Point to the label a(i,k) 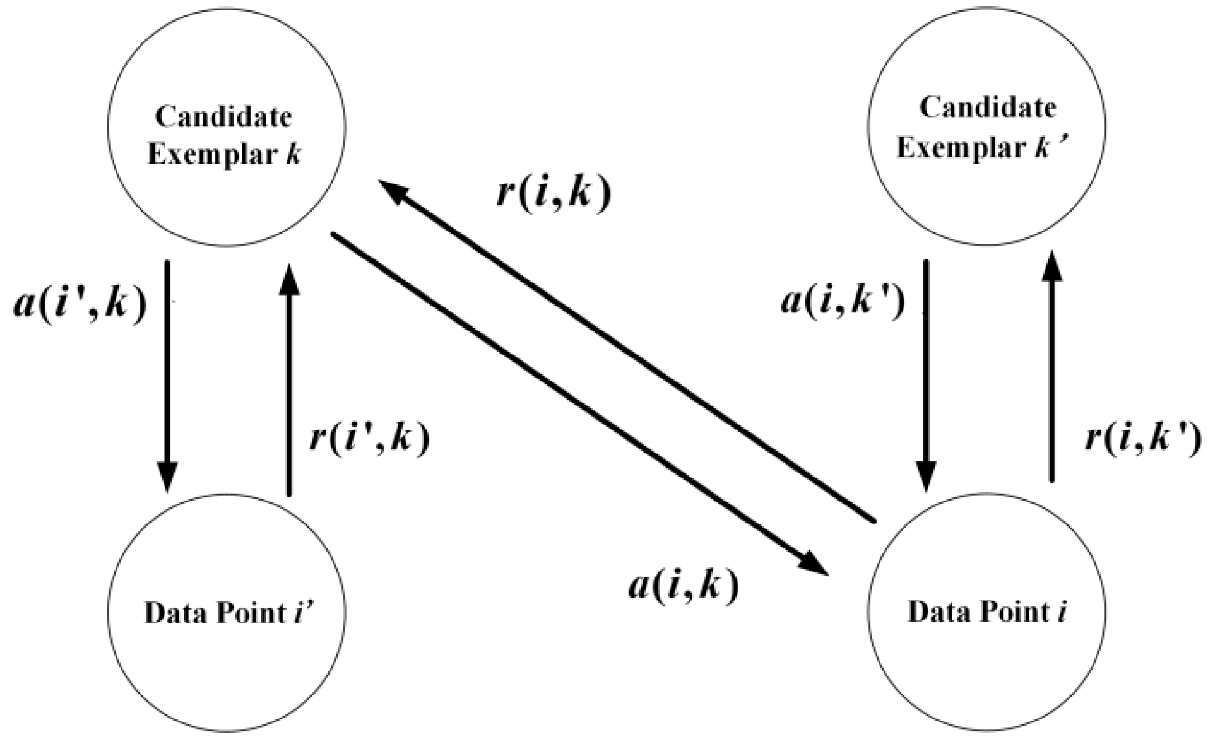tap(683, 586)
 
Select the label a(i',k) tap(81, 303)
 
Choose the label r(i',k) tap(370, 438)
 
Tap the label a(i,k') tap(843, 302)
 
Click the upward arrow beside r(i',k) tap(289, 381)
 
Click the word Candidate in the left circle tap(223, 116)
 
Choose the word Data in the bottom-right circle tap(934, 612)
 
